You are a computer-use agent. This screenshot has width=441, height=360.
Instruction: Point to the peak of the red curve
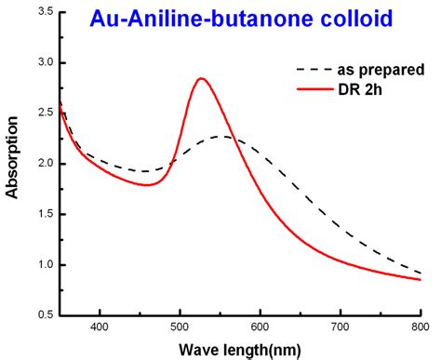click(x=201, y=78)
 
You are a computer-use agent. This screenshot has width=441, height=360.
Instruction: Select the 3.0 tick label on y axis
click(x=42, y=63)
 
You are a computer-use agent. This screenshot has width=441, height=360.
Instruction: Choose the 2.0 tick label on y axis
click(x=42, y=164)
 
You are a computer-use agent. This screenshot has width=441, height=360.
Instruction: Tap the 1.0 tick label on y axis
click(x=42, y=265)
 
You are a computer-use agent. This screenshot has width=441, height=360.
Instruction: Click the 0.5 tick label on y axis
click(x=42, y=315)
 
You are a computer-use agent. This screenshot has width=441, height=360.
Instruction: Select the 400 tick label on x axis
click(x=100, y=327)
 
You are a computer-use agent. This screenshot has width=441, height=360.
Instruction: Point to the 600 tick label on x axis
click(x=261, y=327)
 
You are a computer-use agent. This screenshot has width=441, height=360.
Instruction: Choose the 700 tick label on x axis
click(x=341, y=327)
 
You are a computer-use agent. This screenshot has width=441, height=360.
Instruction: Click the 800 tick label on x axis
click(x=420, y=327)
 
